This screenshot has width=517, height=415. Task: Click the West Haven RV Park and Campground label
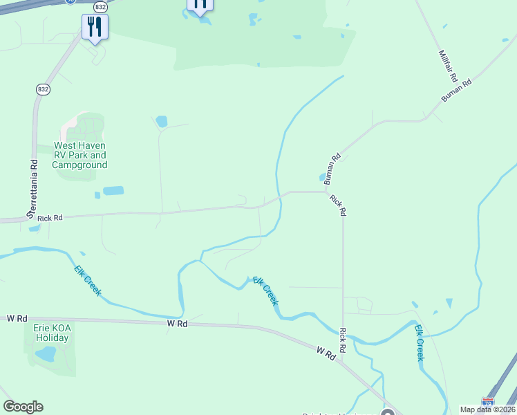(80, 156)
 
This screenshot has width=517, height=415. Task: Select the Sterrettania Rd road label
(32, 190)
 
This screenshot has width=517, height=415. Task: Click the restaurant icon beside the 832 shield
(93, 27)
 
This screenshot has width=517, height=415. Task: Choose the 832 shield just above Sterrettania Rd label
(43, 89)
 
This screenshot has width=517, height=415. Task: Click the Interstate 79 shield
(488, 401)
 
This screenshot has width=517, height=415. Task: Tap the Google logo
(23, 407)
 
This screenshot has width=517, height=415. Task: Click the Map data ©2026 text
(488, 409)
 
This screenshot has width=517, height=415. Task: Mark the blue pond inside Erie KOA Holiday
(46, 354)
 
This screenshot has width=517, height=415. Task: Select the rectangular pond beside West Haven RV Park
(113, 190)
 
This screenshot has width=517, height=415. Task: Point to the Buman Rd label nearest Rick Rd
(332, 168)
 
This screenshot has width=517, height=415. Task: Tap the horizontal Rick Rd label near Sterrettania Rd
(50, 218)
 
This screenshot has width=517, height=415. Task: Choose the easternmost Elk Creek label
(419, 343)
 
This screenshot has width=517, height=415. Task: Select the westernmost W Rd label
(16, 318)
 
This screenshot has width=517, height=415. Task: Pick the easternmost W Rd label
(326, 352)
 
